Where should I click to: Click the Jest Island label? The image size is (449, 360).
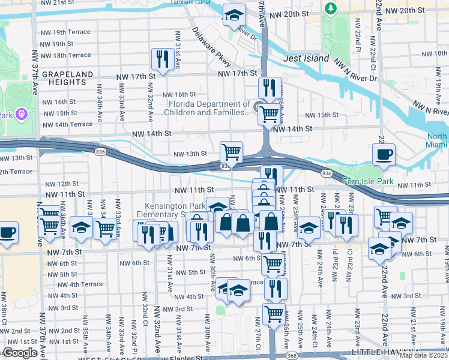[306, 58]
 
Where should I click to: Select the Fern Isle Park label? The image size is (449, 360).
[367, 181]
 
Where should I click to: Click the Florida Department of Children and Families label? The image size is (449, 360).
[208, 107]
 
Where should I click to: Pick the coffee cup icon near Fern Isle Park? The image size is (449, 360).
[384, 154]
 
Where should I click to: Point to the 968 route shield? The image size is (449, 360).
[292, 355]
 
